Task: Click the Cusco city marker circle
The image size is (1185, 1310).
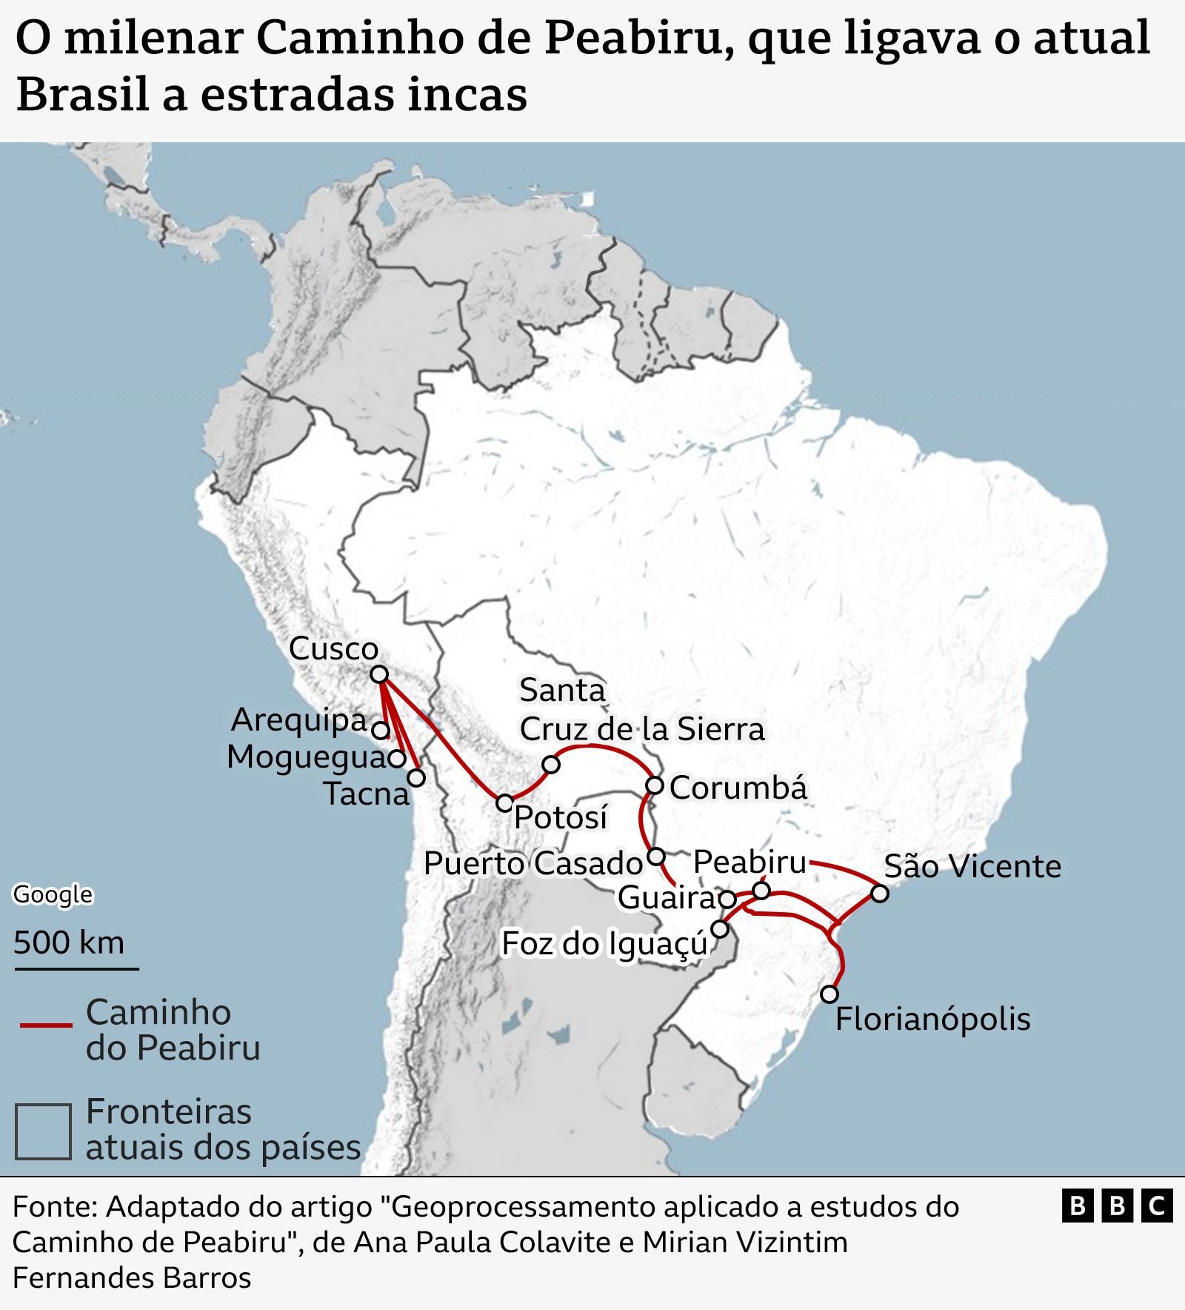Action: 379,674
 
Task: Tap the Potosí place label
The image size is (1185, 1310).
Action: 561,817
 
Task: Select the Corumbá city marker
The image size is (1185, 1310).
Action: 655,785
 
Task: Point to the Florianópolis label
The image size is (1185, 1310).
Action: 932,1019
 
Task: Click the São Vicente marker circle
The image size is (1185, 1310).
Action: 879,894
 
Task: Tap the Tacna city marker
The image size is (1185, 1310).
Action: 417,778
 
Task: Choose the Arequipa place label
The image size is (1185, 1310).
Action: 299,719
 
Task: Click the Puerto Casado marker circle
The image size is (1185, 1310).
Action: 656,857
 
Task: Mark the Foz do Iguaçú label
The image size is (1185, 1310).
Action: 604,945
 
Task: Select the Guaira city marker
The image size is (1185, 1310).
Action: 727,900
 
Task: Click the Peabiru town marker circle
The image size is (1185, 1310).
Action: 761,890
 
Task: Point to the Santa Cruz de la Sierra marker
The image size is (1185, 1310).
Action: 551,764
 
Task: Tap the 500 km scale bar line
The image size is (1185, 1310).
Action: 76,968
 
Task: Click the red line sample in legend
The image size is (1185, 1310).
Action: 46,1025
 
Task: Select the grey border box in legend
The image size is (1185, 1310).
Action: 44,1131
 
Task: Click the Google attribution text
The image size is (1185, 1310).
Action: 53,894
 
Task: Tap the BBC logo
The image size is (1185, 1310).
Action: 1117,1206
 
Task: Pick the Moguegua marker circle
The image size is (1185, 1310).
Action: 397,758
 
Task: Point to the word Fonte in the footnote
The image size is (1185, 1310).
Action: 54,1207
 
